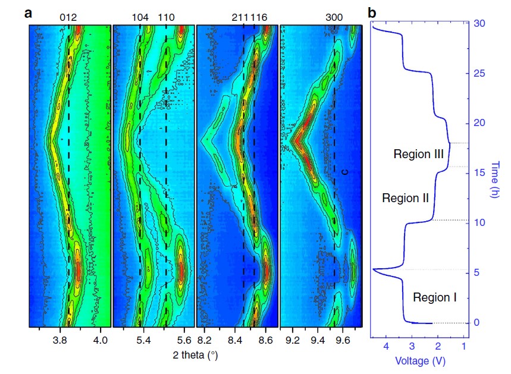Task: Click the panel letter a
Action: [29, 12]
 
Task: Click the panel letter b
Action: [372, 12]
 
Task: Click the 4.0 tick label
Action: [101, 341]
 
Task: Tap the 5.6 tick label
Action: [184, 341]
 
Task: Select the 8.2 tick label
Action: [205, 341]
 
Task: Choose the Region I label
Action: [434, 297]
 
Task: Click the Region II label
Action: [405, 198]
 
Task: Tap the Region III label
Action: [419, 154]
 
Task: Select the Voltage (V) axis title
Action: [420, 360]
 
